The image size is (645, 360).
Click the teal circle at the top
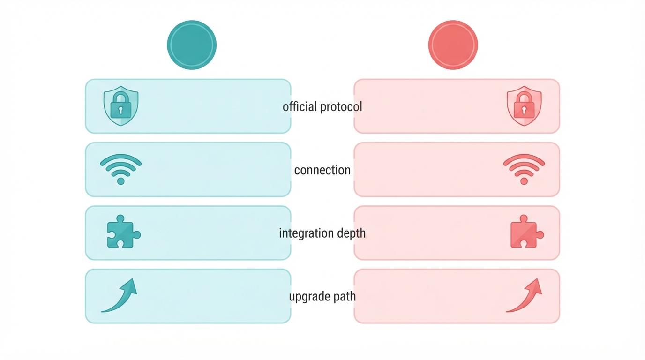(x=192, y=45)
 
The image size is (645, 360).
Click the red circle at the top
(x=453, y=45)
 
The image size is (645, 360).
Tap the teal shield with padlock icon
(x=121, y=106)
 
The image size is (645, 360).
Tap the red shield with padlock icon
(x=524, y=106)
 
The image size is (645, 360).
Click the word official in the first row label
(x=300, y=106)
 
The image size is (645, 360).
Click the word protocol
(x=341, y=107)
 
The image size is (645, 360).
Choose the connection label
(x=322, y=170)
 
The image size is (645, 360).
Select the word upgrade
(x=309, y=297)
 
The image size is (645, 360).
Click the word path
(x=345, y=296)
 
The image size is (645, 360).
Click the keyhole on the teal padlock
(x=121, y=110)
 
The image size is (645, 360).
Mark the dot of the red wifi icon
(x=524, y=181)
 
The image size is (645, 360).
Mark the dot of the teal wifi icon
(x=121, y=181)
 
